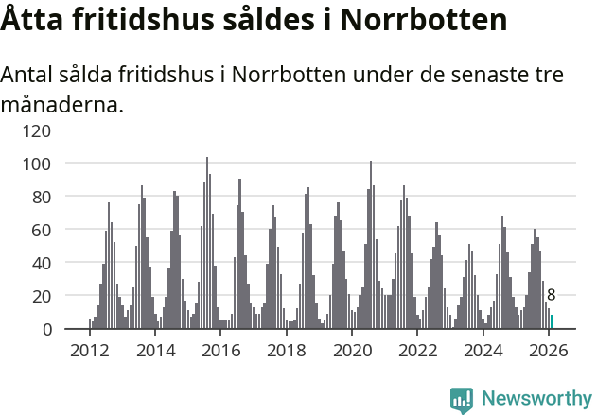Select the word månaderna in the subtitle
coord(61,105)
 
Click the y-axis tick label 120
coord(38,130)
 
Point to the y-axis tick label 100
coord(38,164)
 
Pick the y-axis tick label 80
coord(42,197)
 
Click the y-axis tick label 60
coord(42,230)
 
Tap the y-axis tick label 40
coord(42,263)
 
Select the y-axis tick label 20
coord(42,296)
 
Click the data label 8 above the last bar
coord(552,295)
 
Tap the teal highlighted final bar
coord(552,322)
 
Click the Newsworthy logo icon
coord(461,400)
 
